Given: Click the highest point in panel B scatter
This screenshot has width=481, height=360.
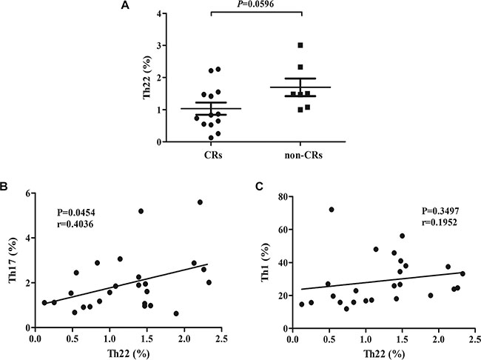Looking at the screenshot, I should click(x=200, y=202).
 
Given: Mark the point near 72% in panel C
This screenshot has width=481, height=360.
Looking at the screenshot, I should click(x=332, y=210).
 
